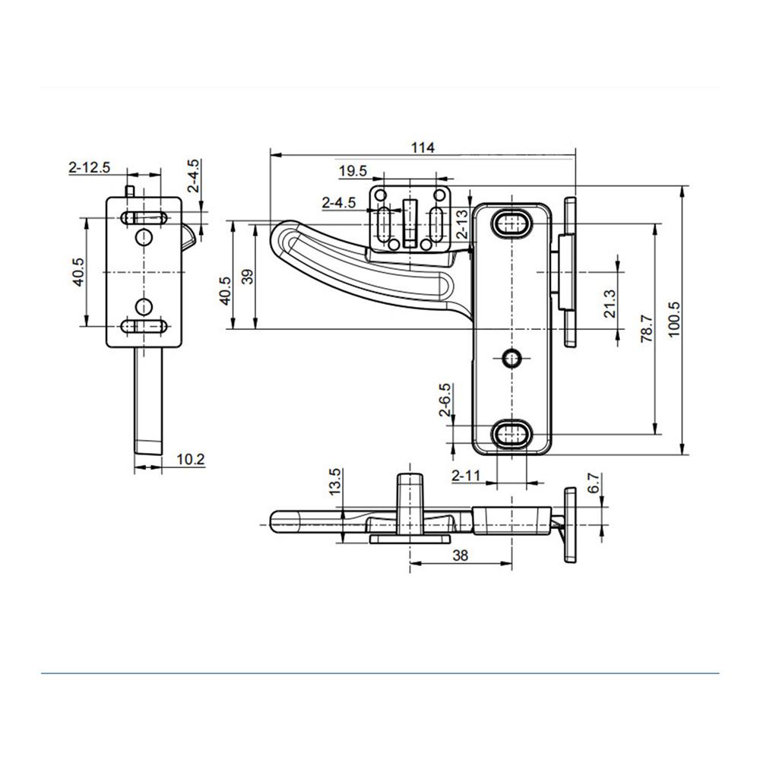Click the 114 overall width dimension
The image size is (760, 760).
[x=423, y=147]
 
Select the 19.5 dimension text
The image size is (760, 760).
[x=353, y=171]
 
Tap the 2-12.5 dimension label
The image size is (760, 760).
[x=90, y=167]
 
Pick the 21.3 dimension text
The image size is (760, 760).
[x=610, y=304]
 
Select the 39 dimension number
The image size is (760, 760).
[x=247, y=277]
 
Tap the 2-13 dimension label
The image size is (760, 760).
[x=463, y=223]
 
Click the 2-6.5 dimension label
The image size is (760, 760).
[x=445, y=401]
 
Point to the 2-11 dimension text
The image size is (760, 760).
[x=466, y=476]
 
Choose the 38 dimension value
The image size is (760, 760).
[x=460, y=555]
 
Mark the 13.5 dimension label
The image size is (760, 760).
[x=335, y=482]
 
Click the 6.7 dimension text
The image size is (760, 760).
[x=594, y=483]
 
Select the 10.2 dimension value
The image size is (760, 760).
[x=191, y=459]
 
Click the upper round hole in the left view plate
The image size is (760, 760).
[x=144, y=237]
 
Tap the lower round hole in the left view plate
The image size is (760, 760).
[x=144, y=306]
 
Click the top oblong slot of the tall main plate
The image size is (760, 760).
[x=512, y=223]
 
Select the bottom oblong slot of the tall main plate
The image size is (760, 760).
[x=512, y=433]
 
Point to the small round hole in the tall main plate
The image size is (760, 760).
[x=511, y=359]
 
